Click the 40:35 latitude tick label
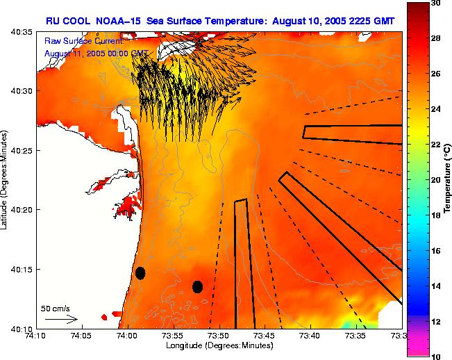tap(22, 32)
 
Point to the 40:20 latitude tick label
tap(22, 209)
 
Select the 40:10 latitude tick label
tap(22, 327)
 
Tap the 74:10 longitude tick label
tap(35, 336)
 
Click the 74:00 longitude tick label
tap(127, 336)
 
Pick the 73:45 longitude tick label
tap(265, 336)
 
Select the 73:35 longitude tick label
tap(356, 336)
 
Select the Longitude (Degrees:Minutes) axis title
tap(218, 345)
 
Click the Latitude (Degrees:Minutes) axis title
tap(6, 179)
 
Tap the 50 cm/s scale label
tap(55, 308)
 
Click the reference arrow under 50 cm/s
tap(61, 319)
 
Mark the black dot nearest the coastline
tap(140, 273)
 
